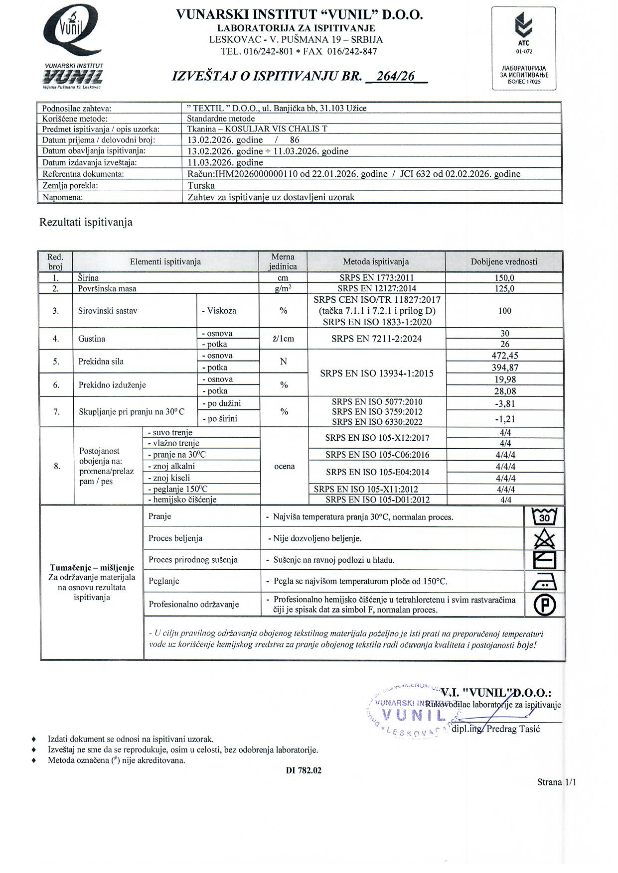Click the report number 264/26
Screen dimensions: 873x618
tap(396, 76)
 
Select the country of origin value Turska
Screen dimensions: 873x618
tap(201, 186)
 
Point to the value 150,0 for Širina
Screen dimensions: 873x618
tap(504, 278)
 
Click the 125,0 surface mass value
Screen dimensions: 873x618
tap(504, 288)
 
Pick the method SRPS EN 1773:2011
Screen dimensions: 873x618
tap(376, 278)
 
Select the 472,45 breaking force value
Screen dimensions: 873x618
tap(505, 356)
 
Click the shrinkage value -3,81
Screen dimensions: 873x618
tap(505, 404)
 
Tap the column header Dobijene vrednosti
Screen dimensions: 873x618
tap(504, 261)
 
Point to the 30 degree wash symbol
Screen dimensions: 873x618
tap(544, 517)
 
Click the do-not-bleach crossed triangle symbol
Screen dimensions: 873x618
tap(544, 539)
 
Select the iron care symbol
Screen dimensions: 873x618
tap(544, 581)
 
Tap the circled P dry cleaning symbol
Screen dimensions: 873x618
tap(544, 605)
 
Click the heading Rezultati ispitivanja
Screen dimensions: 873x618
tap(86, 222)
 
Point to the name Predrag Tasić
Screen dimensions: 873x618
tap(513, 729)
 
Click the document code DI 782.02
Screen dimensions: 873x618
tap(304, 770)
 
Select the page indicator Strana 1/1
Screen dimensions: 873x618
tap(556, 782)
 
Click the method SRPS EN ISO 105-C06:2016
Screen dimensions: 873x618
tap(377, 455)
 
